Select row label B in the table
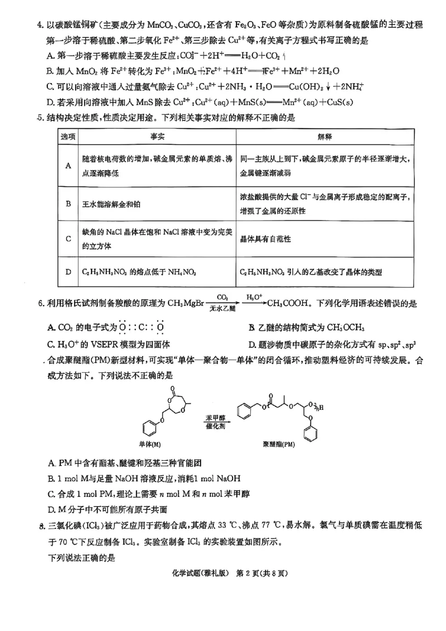tap(68, 204)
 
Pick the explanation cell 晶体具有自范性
tap(265, 238)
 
